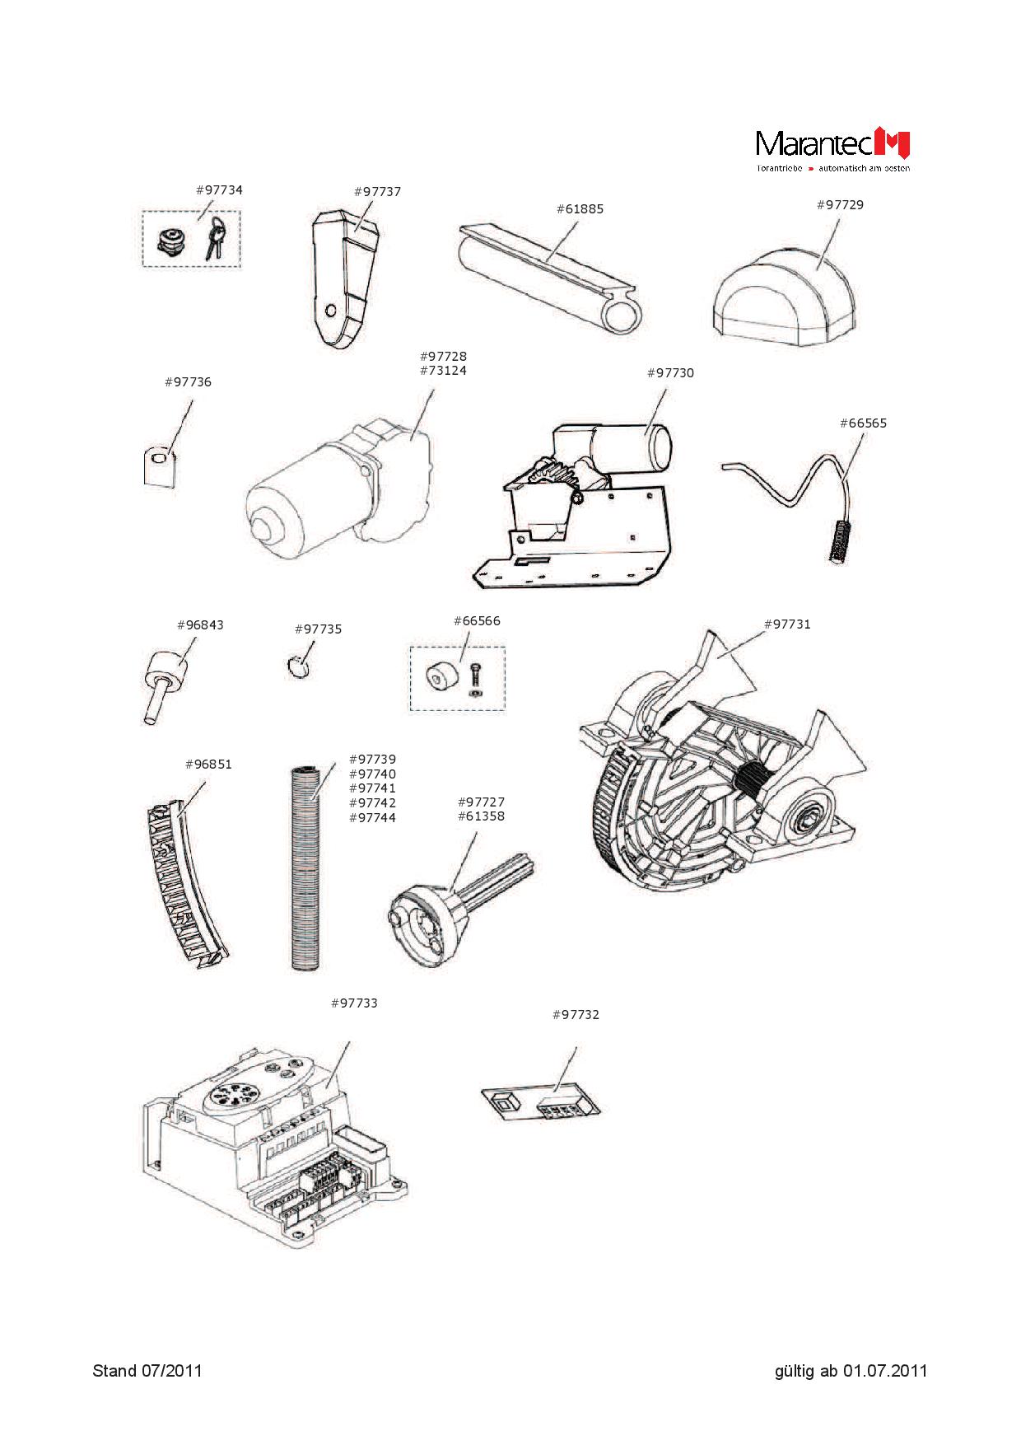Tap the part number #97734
click(219, 189)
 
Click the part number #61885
click(580, 208)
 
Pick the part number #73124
click(443, 371)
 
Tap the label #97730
click(670, 372)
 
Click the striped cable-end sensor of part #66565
click(839, 540)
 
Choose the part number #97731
click(787, 624)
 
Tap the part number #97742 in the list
click(372, 802)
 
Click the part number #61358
click(481, 816)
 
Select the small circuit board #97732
click(540, 1101)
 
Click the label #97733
click(354, 1003)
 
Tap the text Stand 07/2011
click(147, 1371)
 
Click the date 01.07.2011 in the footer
click(885, 1371)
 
